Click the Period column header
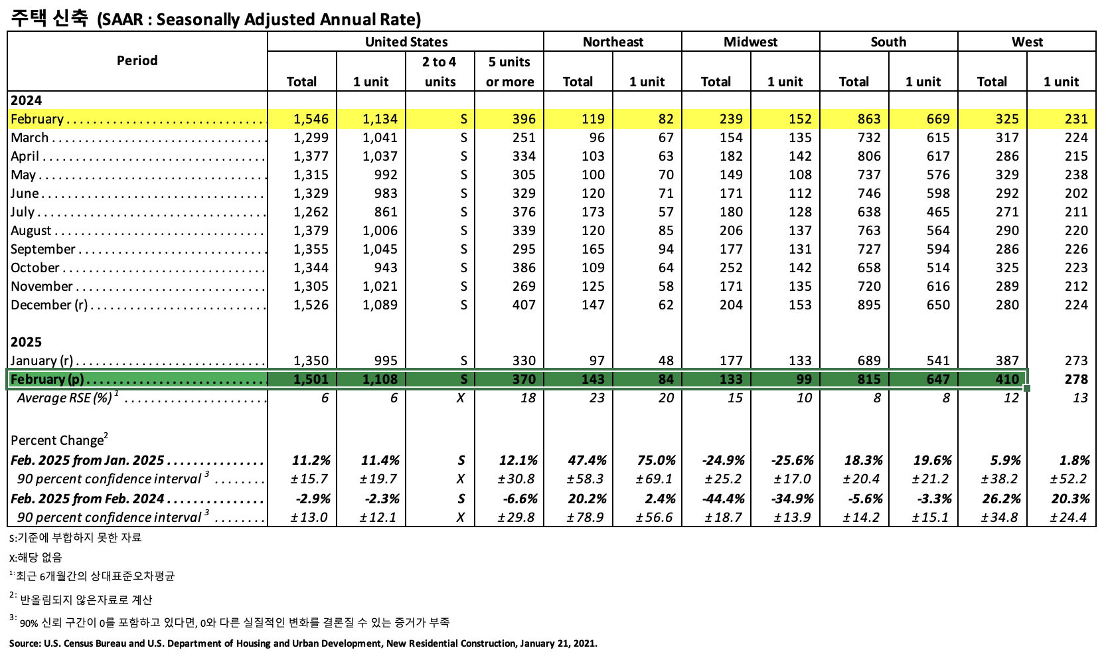pyautogui.click(x=137, y=60)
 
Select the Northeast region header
pyautogui.click(x=612, y=42)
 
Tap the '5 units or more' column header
pyautogui.click(x=509, y=72)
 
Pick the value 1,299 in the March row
pyautogui.click(x=311, y=138)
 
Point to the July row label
pyautogui.click(x=23, y=212)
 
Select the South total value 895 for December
pyautogui.click(x=868, y=305)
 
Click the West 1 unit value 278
pyautogui.click(x=1075, y=380)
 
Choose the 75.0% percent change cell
pyautogui.click(x=656, y=461)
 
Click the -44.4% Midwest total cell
pyautogui.click(x=723, y=499)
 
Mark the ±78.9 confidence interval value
pyautogui.click(x=586, y=518)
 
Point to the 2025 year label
pyautogui.click(x=26, y=342)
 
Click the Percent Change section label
pyautogui.click(x=58, y=441)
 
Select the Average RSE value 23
pyautogui.click(x=597, y=398)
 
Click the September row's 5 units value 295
pyautogui.click(x=523, y=250)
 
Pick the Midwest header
pyautogui.click(x=750, y=42)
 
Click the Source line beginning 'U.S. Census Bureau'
pyautogui.click(x=303, y=643)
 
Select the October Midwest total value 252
pyautogui.click(x=730, y=268)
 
